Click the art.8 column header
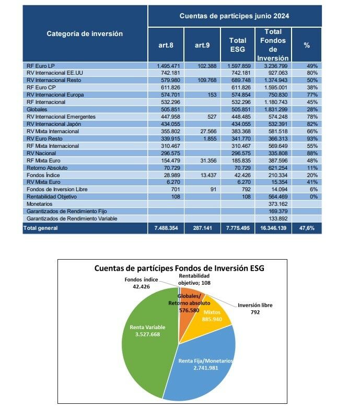(166, 45)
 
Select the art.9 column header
(202, 45)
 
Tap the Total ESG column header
(238, 45)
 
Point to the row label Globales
(37, 110)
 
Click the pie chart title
(179, 269)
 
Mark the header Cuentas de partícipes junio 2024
(234, 16)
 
